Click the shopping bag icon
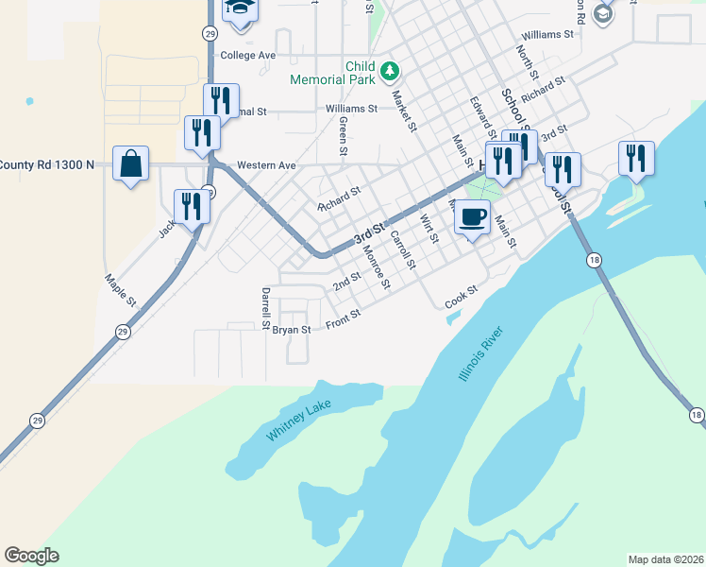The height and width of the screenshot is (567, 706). pos(130,164)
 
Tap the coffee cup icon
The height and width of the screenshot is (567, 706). pos(472,216)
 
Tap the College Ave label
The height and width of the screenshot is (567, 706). pos(247,55)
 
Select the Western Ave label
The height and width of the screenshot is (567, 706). pos(266,165)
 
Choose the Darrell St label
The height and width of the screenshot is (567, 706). pos(266,302)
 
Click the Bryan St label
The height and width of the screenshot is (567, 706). pos(292,330)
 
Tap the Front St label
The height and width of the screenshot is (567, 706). pos(343,319)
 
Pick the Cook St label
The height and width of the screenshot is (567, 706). pos(462,296)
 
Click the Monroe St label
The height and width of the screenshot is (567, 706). pos(377,270)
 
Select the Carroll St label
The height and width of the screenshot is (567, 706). pos(403,249)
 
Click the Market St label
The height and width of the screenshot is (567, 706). pos(404,112)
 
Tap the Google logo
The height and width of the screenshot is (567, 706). pos(31,556)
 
